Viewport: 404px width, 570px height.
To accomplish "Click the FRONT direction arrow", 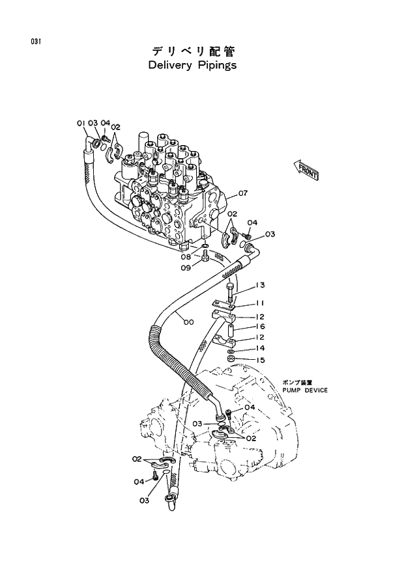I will point(305,170).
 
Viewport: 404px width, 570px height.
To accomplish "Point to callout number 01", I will point(81,122).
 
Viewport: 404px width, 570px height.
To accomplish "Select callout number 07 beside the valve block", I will point(242,193).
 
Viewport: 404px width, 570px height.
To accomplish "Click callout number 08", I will point(186,257).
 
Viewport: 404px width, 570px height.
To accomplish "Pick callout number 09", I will point(186,267).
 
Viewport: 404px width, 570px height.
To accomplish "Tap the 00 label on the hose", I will point(188,321).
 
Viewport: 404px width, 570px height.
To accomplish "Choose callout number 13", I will point(260,285).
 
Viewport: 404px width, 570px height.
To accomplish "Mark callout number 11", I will point(260,303).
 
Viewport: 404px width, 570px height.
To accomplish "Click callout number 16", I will point(260,327).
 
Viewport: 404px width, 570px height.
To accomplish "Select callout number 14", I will point(260,348).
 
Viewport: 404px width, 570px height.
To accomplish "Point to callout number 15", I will point(260,360).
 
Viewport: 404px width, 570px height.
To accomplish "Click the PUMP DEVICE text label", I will point(305,390).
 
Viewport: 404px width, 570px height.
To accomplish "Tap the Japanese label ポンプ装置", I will point(298,383).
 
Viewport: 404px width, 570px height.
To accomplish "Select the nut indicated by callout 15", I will point(231,359).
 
